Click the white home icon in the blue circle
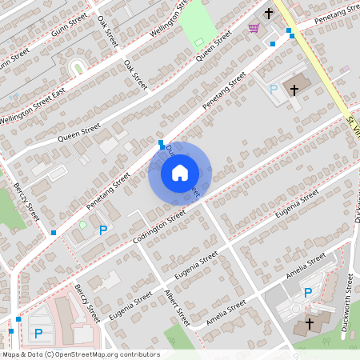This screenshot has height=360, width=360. click(180, 172)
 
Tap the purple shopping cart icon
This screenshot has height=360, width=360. click(254, 28)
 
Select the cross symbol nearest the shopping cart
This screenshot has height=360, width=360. click(269, 14)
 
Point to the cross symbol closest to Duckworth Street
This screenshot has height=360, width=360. click(310, 325)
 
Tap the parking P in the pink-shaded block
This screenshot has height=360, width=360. click(38, 333)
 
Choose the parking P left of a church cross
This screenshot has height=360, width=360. click(273, 90)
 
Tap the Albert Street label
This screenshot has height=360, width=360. click(175, 306)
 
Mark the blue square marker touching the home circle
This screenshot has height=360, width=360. click(162, 146)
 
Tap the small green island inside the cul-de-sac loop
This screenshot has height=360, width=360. click(78, 68)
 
